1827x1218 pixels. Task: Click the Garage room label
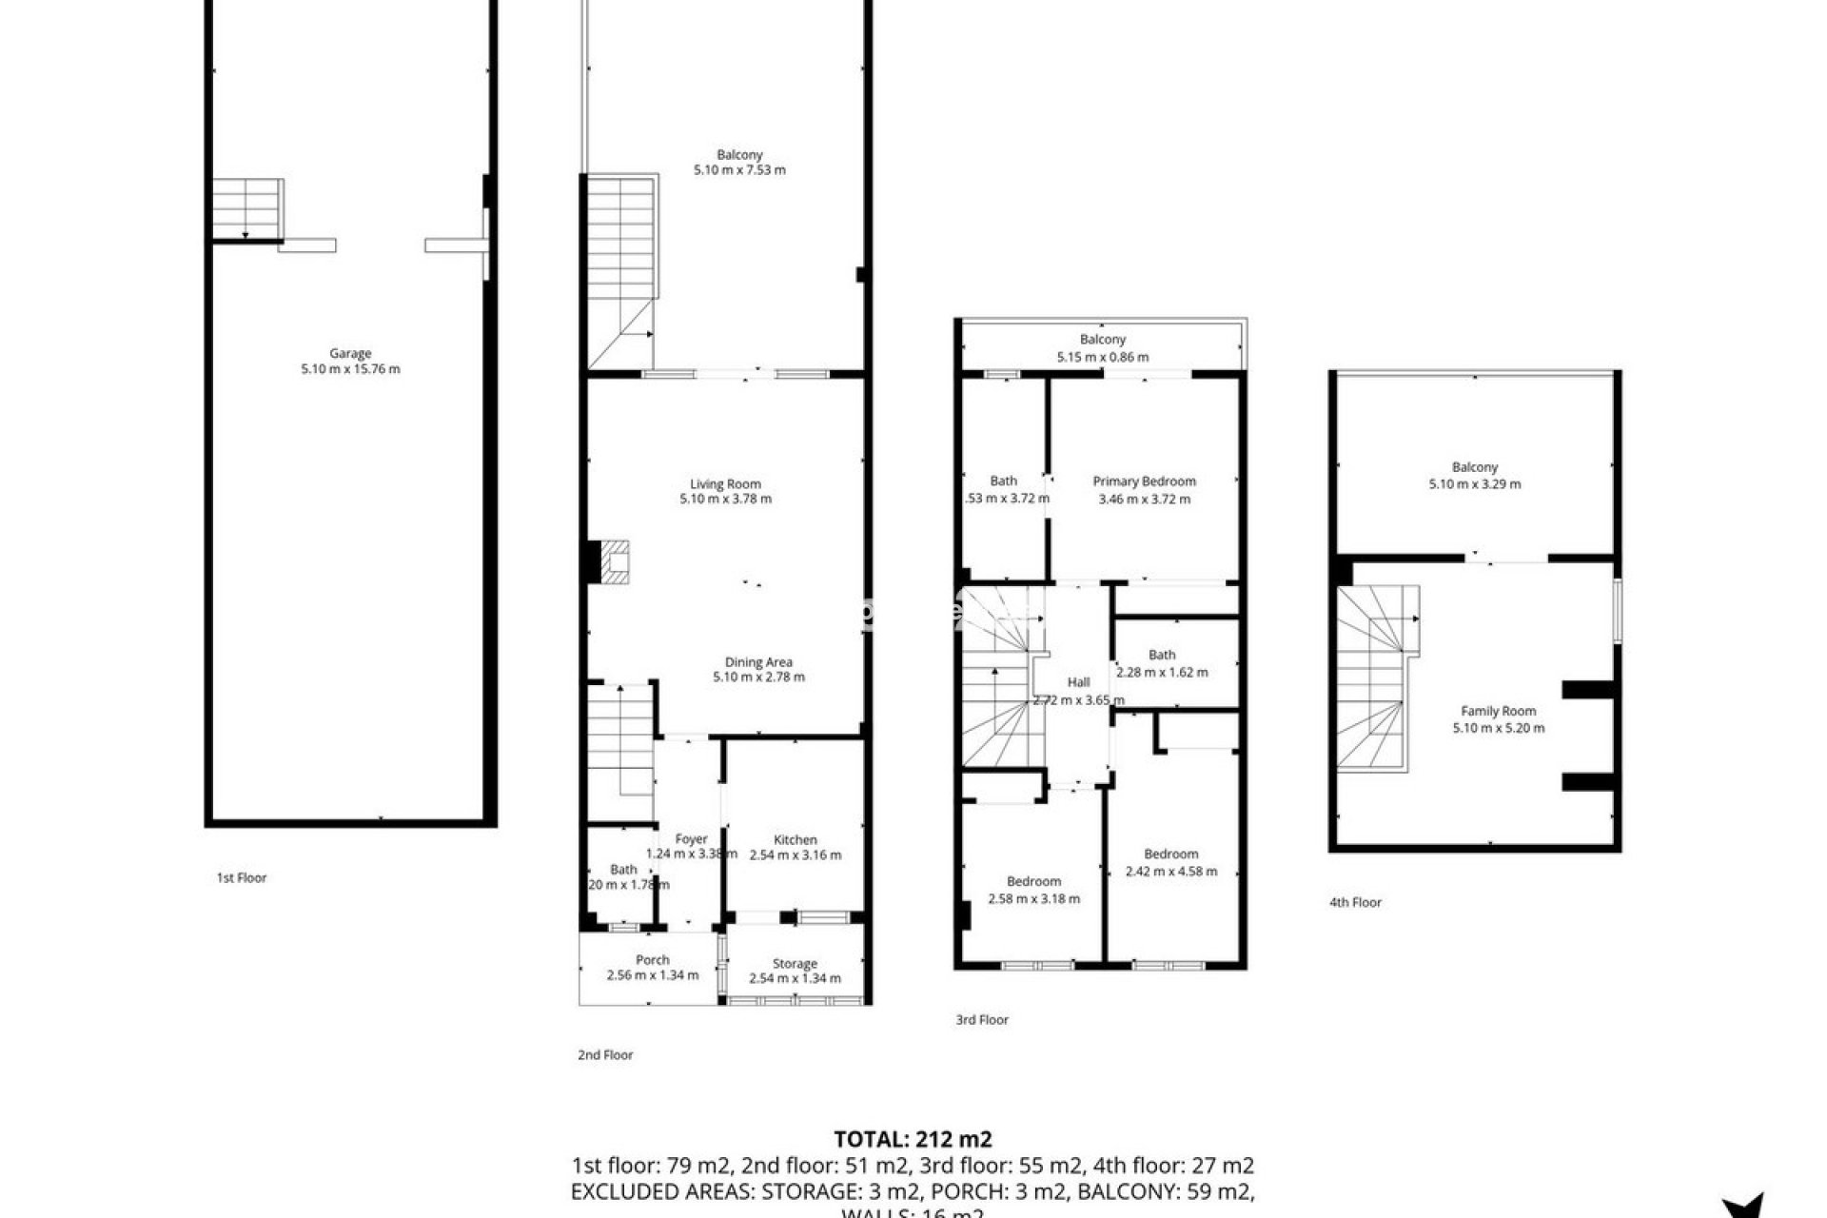click(350, 353)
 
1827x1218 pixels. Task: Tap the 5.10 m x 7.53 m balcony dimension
click(739, 170)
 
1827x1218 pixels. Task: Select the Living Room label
click(725, 483)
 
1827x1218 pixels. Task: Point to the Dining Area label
click(758, 662)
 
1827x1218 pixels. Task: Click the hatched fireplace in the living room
click(615, 561)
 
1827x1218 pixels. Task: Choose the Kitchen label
click(795, 839)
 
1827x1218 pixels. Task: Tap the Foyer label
click(692, 839)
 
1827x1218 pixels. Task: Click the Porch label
click(653, 960)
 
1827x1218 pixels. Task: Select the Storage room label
click(795, 963)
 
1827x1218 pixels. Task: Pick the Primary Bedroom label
click(1144, 481)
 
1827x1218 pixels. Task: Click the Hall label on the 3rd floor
click(1078, 682)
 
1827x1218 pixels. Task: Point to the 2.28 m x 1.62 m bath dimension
click(1162, 672)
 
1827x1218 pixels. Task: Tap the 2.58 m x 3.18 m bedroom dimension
click(1033, 898)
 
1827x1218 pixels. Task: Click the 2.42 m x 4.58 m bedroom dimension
click(1170, 871)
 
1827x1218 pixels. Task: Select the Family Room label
click(1498, 711)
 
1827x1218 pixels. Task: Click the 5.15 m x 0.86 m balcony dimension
click(1102, 357)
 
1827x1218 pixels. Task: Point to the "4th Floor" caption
click(1355, 902)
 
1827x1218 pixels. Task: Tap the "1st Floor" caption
click(242, 877)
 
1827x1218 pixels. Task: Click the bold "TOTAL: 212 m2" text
click(913, 1139)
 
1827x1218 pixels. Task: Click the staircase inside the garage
click(246, 207)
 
